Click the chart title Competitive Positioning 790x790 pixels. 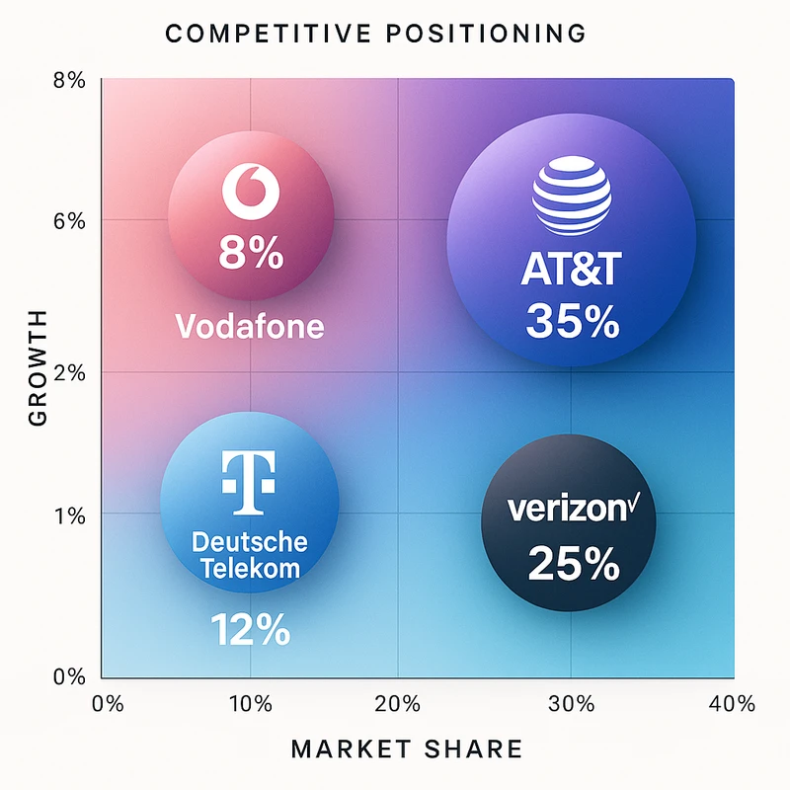(x=375, y=34)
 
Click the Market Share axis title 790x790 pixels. (x=407, y=750)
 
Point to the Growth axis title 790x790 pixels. (x=39, y=366)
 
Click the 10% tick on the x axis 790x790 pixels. (x=250, y=704)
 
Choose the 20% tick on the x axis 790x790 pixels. (x=398, y=704)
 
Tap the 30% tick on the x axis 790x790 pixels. (x=572, y=704)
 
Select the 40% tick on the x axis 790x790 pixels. (x=732, y=704)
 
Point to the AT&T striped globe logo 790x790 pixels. (x=572, y=197)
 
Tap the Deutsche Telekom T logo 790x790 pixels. (x=250, y=484)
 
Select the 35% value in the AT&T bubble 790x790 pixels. (x=573, y=321)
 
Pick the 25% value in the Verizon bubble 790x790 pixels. (x=573, y=563)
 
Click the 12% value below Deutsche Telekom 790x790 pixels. (x=250, y=629)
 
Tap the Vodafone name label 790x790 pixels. (x=250, y=326)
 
